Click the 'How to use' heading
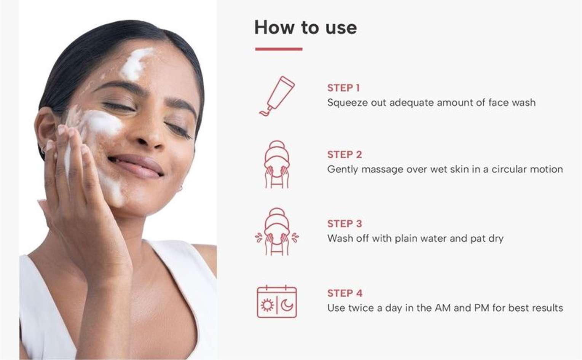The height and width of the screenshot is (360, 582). (x=305, y=27)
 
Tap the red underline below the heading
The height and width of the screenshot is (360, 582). (x=279, y=49)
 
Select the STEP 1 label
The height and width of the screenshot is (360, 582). (x=343, y=88)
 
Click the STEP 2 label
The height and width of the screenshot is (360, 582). (x=344, y=155)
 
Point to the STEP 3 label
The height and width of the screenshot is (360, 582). (x=344, y=224)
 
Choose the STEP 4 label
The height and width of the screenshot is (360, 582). (x=345, y=293)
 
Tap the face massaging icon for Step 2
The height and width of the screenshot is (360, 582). (x=277, y=164)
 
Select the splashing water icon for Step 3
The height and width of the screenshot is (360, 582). (x=277, y=232)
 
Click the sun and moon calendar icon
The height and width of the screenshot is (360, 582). (x=277, y=301)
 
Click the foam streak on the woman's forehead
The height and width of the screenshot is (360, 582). (x=136, y=64)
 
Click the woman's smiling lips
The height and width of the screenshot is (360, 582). (x=136, y=166)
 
